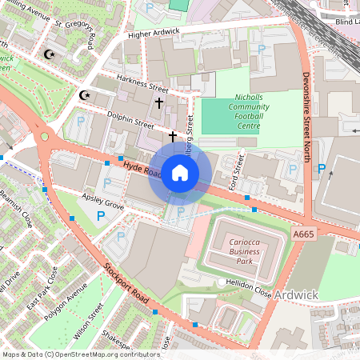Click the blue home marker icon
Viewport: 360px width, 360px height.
[180, 173]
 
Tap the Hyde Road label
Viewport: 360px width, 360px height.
[138, 167]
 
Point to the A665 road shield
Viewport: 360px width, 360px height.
[304, 234]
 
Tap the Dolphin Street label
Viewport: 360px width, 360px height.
[133, 122]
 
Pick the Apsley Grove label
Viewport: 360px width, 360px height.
[103, 200]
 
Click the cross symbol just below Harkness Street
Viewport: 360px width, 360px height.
[158, 103]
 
